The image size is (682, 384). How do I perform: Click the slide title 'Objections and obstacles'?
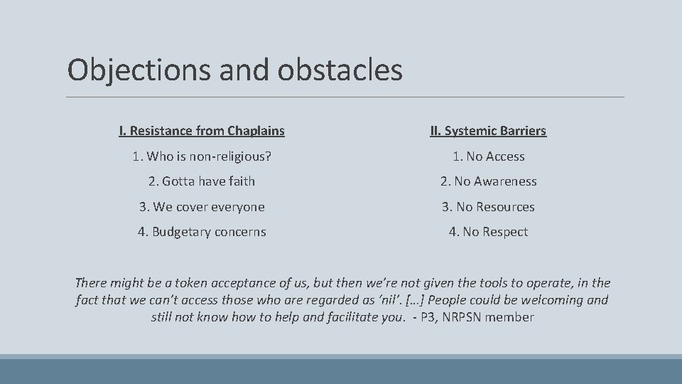[234, 70]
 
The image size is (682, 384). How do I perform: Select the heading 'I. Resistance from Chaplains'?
[202, 131]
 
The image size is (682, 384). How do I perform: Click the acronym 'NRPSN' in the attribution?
[468, 317]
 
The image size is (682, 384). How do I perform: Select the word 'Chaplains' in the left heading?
[256, 131]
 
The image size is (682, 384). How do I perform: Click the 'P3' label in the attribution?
[426, 317]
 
